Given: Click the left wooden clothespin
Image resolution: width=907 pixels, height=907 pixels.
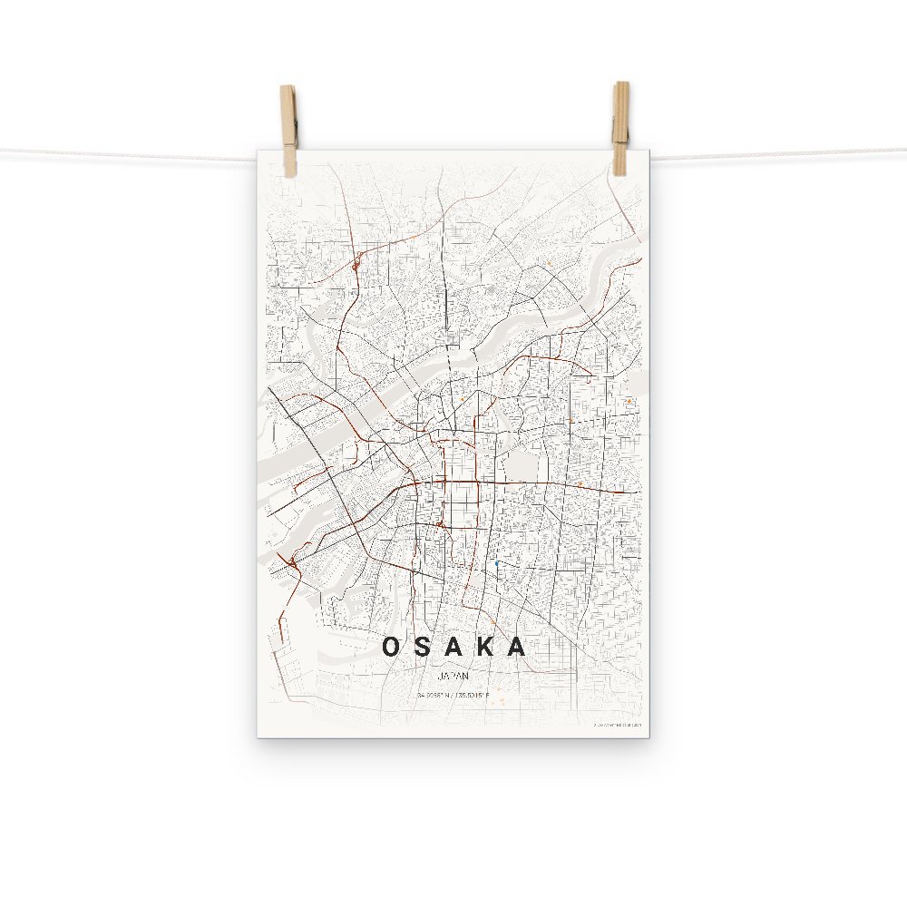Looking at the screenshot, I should click(288, 130).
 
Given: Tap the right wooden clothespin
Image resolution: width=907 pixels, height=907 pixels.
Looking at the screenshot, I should click(620, 127).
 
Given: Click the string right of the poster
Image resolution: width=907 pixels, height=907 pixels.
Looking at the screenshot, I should click(780, 154).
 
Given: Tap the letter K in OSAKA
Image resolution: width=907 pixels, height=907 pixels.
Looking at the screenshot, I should click(485, 647).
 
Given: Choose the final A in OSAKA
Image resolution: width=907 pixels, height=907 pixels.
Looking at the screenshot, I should click(516, 647).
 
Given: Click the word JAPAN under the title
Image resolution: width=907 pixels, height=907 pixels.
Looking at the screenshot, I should click(453, 676).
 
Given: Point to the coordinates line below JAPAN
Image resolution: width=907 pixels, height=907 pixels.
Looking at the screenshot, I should click(453, 696).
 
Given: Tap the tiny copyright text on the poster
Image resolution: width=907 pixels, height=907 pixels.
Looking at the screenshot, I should click(617, 725).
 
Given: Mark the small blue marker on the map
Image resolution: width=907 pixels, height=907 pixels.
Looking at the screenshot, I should click(497, 564).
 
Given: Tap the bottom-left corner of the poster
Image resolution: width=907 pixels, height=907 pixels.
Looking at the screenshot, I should click(258, 736).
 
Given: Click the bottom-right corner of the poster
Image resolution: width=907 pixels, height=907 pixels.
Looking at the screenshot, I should click(649, 736).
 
